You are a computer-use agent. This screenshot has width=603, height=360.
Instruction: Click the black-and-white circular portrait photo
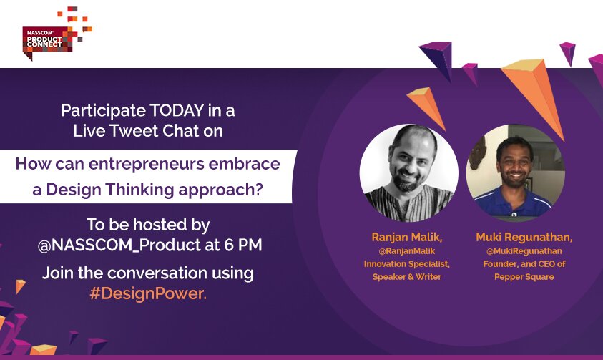click(x=409, y=173)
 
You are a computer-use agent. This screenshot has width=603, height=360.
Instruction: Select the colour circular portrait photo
click(x=515, y=173)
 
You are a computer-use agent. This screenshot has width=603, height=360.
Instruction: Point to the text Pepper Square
click(x=524, y=277)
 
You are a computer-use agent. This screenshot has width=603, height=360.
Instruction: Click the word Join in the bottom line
click(x=59, y=273)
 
